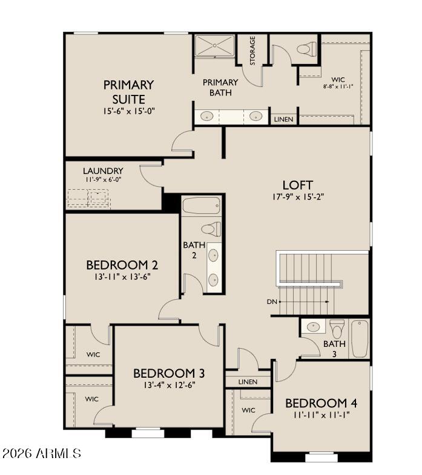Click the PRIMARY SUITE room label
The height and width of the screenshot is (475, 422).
point(128,91)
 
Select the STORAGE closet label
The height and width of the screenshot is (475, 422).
point(252,51)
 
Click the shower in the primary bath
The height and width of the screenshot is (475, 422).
point(214,46)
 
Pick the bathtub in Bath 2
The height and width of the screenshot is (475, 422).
point(202,206)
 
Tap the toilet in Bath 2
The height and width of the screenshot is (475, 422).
point(211,229)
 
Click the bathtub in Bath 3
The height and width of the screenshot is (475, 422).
point(360,338)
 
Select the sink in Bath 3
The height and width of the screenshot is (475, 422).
point(314,327)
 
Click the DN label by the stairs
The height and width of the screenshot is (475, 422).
point(272,301)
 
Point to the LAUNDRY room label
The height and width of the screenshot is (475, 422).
point(103,171)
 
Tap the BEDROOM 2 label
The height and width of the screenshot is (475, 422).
point(122,265)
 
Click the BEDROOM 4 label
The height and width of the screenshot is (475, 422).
point(317,403)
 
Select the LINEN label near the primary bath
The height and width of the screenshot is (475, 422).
point(283,119)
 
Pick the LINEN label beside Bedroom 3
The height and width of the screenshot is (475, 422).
point(248,382)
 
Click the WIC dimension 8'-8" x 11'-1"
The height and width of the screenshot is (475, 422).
point(338,86)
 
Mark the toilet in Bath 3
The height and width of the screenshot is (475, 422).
point(337,329)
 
